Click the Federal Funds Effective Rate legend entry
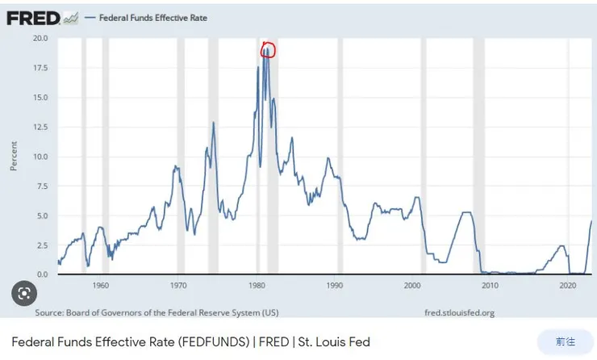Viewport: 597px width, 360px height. (x=152, y=18)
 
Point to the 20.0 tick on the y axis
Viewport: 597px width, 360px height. (x=40, y=38)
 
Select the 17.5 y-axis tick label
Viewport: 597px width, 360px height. (x=40, y=68)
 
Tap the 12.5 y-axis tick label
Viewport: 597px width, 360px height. (x=40, y=127)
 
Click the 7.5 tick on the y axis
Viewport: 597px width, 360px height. (x=41, y=186)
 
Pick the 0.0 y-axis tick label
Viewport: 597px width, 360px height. (x=41, y=274)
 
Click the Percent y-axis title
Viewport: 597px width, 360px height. (x=14, y=156)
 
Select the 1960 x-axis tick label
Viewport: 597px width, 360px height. (x=101, y=286)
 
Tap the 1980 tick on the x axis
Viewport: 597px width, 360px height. (x=257, y=286)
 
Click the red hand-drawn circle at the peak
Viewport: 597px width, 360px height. (x=269, y=50)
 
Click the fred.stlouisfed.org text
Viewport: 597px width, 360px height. (x=459, y=312)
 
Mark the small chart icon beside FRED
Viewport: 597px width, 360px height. (x=70, y=17)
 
